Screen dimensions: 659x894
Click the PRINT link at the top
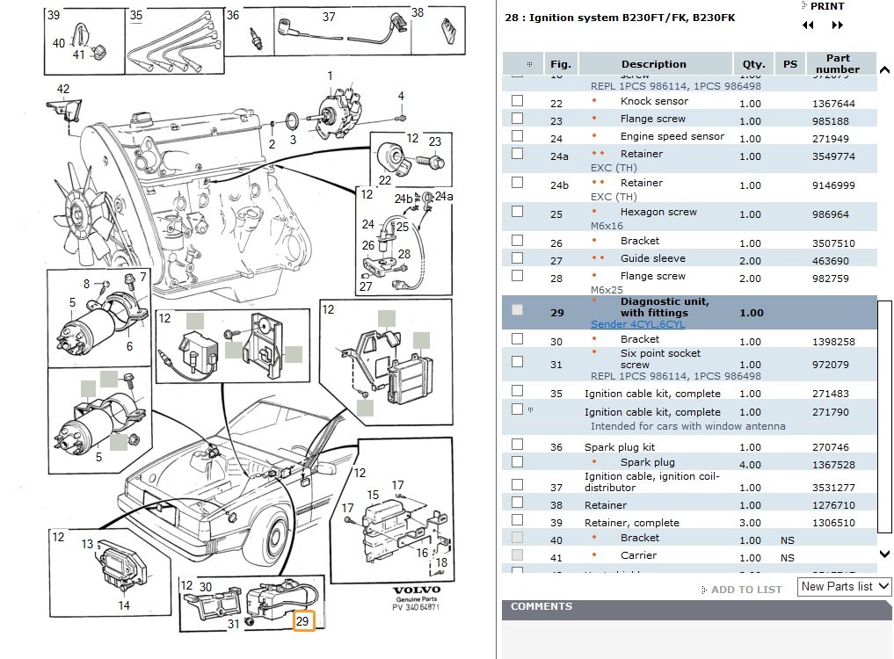pyautogui.click(x=826, y=6)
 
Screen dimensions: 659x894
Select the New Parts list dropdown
pyautogui.click(x=845, y=586)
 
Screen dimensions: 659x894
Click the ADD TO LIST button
pyautogui.click(x=745, y=590)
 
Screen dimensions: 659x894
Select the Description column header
pyautogui.click(x=653, y=64)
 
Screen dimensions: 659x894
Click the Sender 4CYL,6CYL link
pyautogui.click(x=637, y=324)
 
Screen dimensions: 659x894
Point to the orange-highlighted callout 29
pyautogui.click(x=302, y=621)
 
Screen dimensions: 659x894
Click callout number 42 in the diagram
pyautogui.click(x=62, y=89)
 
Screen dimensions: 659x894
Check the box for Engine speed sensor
pyautogui.click(x=517, y=136)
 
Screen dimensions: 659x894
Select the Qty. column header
pyautogui.click(x=752, y=64)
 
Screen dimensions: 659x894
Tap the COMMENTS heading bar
pyautogui.click(x=541, y=606)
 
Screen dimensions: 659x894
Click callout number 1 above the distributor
pyautogui.click(x=331, y=76)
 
